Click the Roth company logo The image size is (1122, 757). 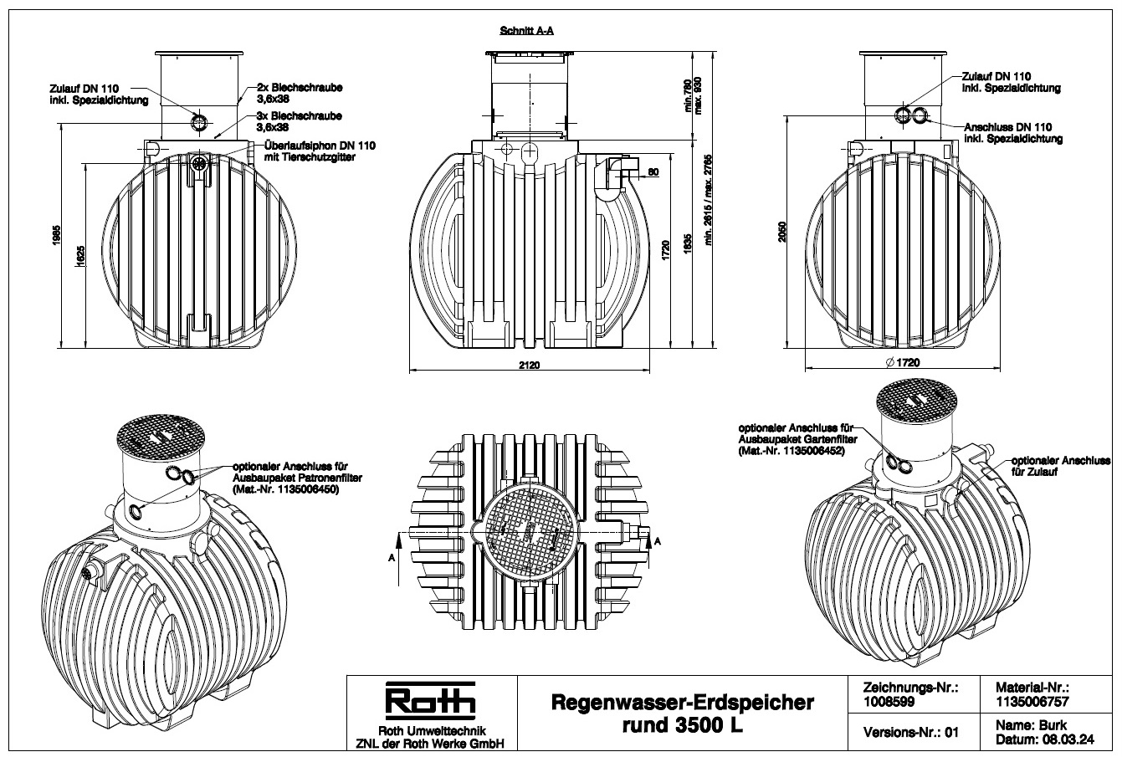[x=429, y=703]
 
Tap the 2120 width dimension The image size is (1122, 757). [x=530, y=366]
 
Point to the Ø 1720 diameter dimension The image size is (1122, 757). [x=902, y=363]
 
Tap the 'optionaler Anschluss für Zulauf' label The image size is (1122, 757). [x=1059, y=465]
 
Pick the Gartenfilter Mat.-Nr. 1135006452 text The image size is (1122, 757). [x=792, y=451]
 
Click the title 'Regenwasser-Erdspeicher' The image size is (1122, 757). [x=681, y=703]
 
